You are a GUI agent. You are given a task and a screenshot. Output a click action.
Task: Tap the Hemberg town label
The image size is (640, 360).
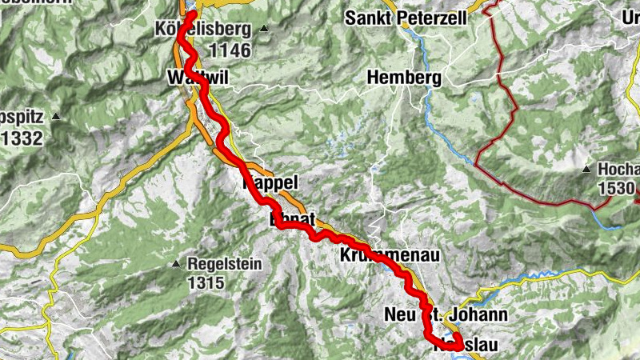(404, 78)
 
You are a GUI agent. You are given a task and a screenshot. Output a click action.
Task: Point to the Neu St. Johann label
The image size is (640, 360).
(445, 314)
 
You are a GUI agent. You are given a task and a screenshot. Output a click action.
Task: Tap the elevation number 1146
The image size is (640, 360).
(230, 51)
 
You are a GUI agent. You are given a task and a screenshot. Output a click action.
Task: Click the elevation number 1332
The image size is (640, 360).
(21, 138)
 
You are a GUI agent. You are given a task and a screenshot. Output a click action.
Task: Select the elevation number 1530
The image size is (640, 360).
(617, 190)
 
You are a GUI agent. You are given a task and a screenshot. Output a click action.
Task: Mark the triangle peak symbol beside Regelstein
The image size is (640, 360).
(176, 264)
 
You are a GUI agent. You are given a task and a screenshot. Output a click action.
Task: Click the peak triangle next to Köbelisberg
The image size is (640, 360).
(263, 30)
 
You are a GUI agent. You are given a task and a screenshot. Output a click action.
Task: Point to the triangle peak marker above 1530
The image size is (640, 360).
(586, 170)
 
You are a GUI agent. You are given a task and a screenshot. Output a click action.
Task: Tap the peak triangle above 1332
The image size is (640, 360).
(56, 117)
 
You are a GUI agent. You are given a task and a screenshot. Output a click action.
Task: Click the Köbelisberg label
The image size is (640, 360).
(203, 30)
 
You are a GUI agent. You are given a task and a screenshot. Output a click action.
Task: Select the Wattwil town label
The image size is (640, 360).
(191, 78)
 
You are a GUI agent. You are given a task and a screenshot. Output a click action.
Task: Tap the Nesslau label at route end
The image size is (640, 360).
(465, 346)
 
